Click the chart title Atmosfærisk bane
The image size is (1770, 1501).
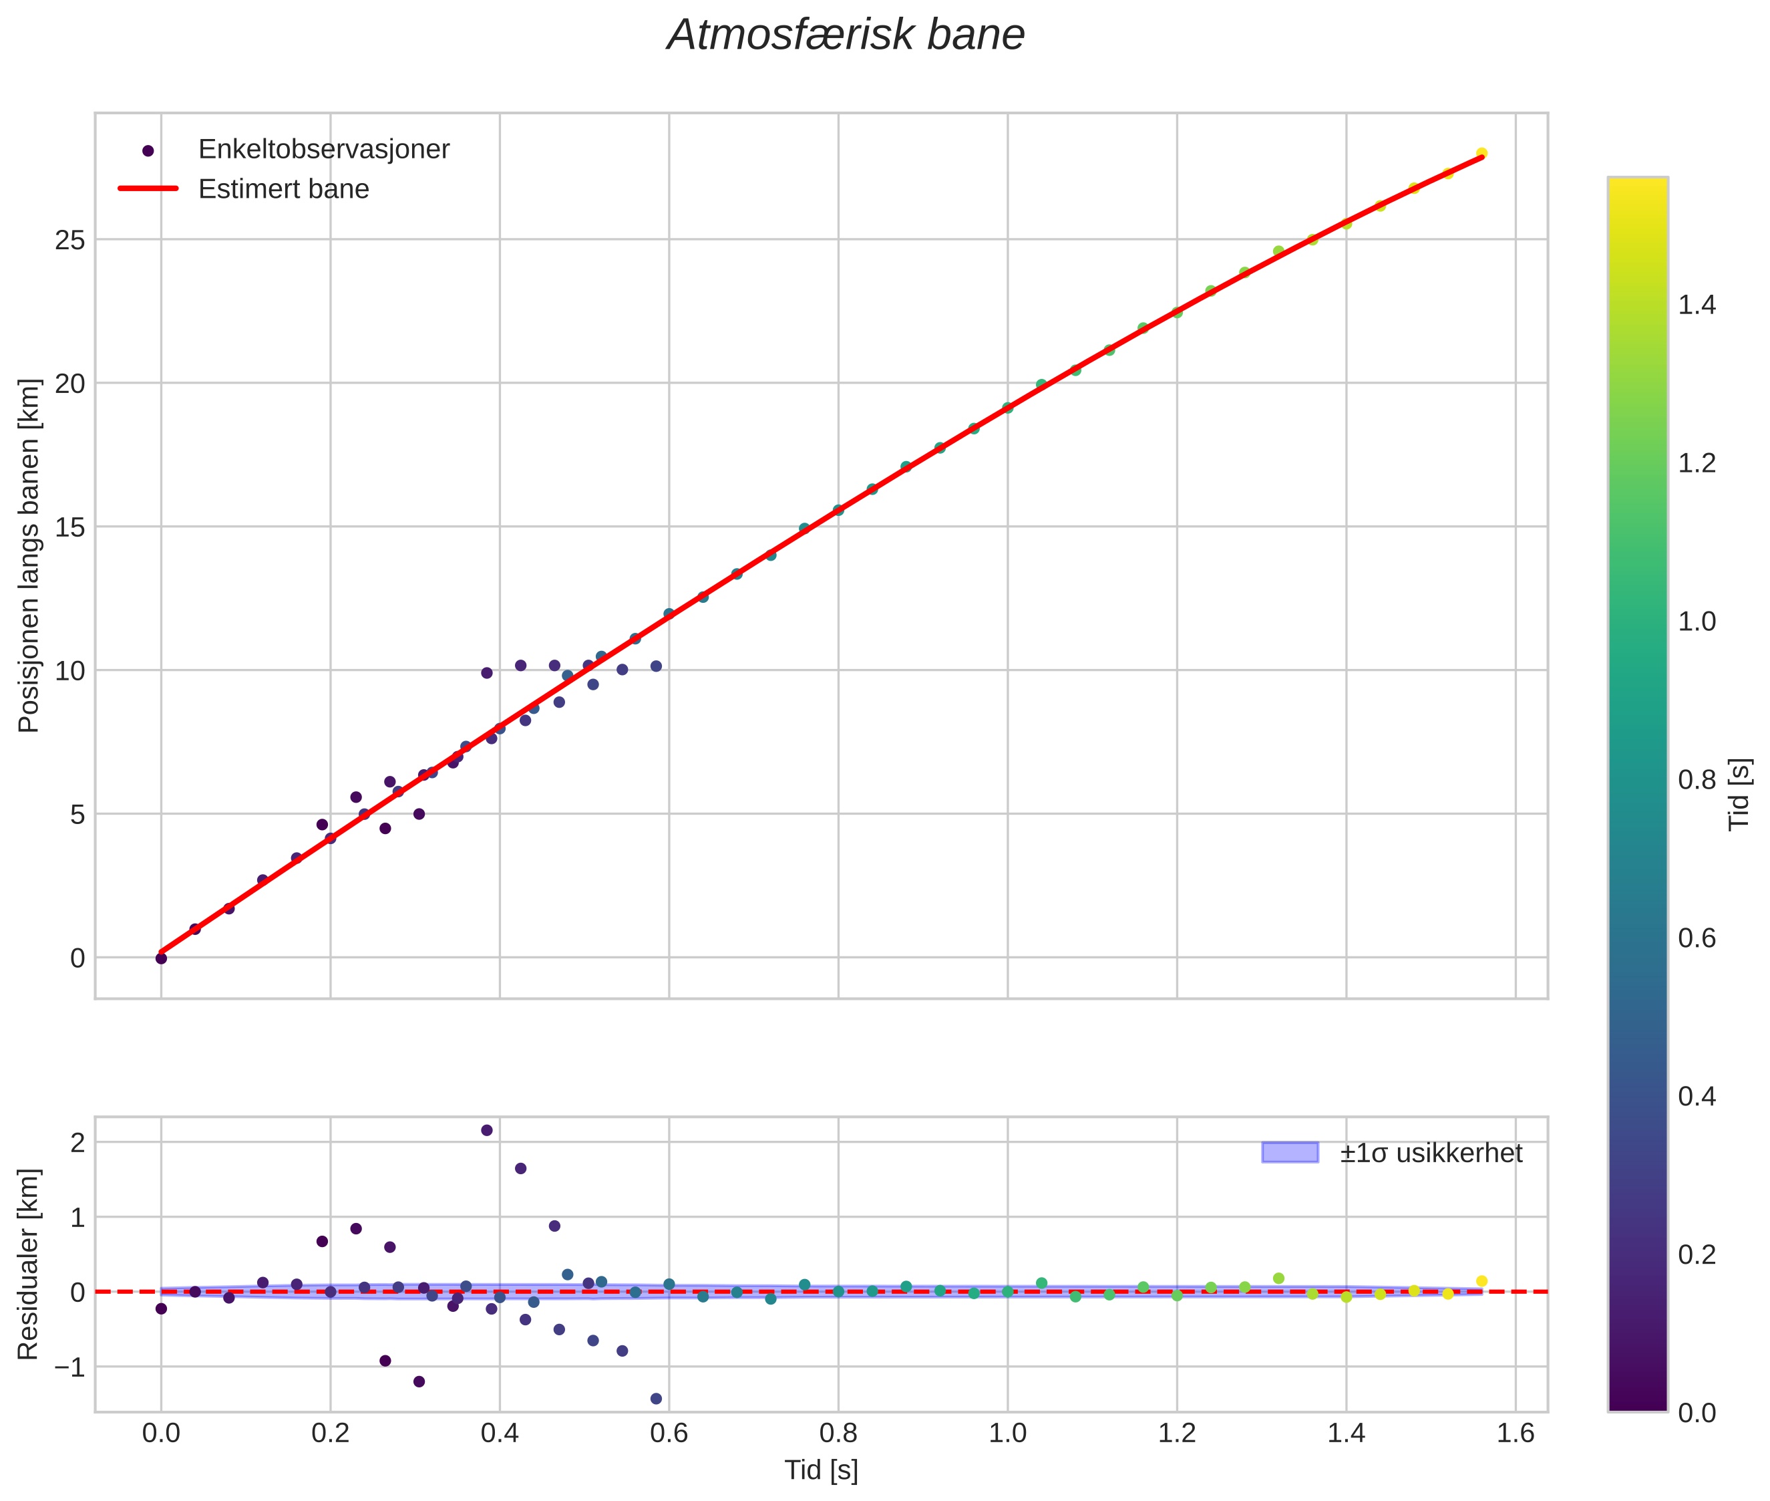pos(846,35)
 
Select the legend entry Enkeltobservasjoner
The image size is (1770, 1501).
pos(323,150)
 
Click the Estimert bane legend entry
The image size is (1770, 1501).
pos(283,189)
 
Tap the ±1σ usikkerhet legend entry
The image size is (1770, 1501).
pos(1431,1153)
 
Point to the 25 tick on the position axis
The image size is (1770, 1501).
pos(71,241)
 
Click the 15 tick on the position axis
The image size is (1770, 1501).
pos(71,527)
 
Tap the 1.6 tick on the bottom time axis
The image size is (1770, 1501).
pos(1516,1434)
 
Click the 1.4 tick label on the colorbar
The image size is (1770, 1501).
pos(1697,305)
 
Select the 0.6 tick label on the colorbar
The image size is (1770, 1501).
pos(1697,938)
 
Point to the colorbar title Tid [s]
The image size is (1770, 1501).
pos(1740,794)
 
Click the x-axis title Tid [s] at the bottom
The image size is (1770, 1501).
pos(821,1470)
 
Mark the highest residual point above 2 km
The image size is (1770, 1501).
pos(486,1131)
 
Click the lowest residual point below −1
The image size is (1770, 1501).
pos(656,1399)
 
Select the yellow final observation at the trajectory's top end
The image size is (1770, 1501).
pos(1481,153)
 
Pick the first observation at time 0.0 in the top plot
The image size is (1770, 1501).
pos(161,958)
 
